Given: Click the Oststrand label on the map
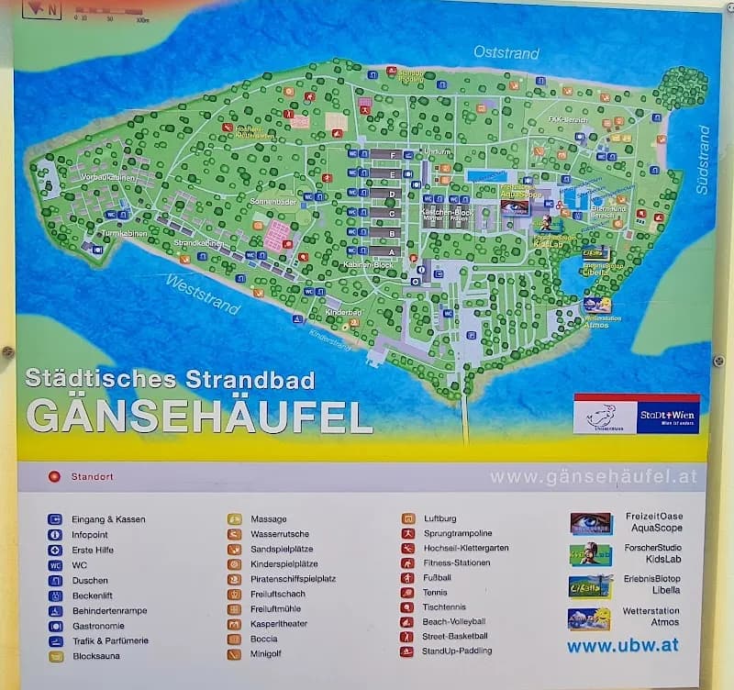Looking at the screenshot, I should click(506, 53).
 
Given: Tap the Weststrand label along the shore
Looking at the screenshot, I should click(204, 294).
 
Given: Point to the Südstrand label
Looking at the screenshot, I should click(703, 159).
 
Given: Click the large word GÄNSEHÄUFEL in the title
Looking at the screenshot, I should click(199, 416).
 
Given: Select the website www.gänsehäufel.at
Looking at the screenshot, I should click(594, 477).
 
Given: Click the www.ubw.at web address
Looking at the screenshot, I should click(622, 645).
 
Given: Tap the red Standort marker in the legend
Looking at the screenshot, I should click(54, 477).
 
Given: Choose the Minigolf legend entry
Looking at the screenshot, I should click(268, 654).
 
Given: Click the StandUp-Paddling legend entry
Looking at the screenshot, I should click(456, 651).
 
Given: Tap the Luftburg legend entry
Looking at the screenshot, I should click(439, 518).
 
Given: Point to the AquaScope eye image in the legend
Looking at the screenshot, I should click(590, 523).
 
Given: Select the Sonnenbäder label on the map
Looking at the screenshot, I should click(271, 200).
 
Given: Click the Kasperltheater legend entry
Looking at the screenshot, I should click(280, 624).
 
